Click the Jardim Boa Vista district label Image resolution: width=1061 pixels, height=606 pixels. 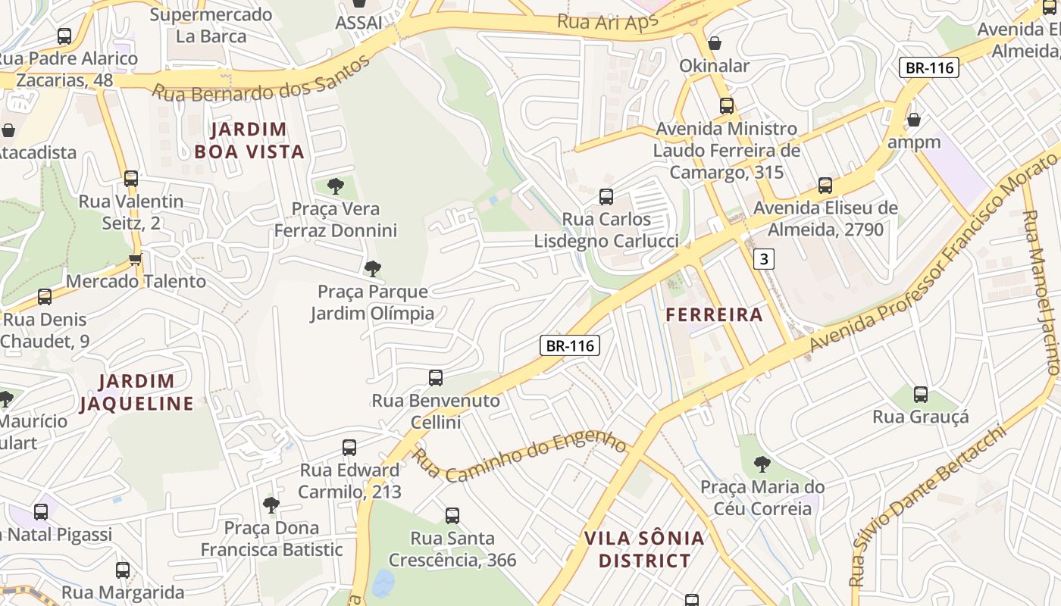point(249,141)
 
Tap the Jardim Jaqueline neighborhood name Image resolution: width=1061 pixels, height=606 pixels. point(137,392)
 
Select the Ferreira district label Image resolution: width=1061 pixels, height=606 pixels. point(714,315)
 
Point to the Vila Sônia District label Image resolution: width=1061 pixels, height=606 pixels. point(644,550)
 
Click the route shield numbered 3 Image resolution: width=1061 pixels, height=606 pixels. point(764,260)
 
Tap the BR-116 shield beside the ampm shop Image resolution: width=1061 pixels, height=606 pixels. point(929,67)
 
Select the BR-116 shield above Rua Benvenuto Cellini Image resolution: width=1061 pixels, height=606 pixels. point(570,346)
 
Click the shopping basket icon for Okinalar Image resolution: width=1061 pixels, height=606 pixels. point(714,43)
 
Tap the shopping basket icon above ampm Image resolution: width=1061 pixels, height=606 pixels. point(914,120)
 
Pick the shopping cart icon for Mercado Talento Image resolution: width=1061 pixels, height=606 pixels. point(136,259)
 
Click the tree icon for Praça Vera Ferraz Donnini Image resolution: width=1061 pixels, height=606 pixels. point(335,186)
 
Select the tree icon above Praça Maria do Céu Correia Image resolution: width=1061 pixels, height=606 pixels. point(762,464)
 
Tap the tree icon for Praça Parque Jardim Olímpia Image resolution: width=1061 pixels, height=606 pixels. point(372,268)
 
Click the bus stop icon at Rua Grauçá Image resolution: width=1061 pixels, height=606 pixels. point(921,394)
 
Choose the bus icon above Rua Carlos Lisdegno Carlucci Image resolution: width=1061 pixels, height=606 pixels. point(606,197)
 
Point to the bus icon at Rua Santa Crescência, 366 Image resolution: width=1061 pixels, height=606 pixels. point(452,516)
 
